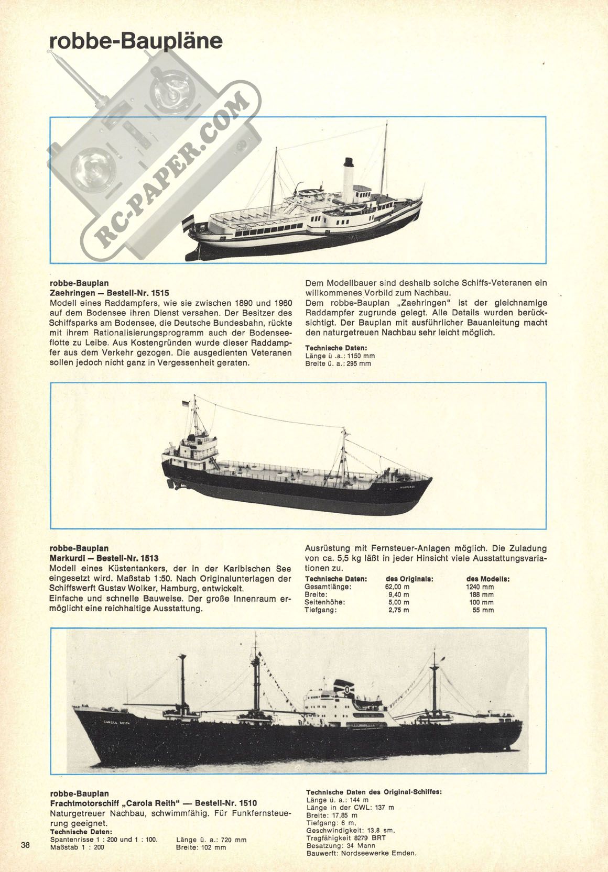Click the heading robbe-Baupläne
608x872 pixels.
click(x=136, y=42)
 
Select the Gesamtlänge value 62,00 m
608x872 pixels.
click(x=397, y=587)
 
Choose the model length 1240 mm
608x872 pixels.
click(x=480, y=587)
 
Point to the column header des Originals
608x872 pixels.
click(x=409, y=579)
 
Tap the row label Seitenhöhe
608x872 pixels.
click(x=325, y=602)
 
